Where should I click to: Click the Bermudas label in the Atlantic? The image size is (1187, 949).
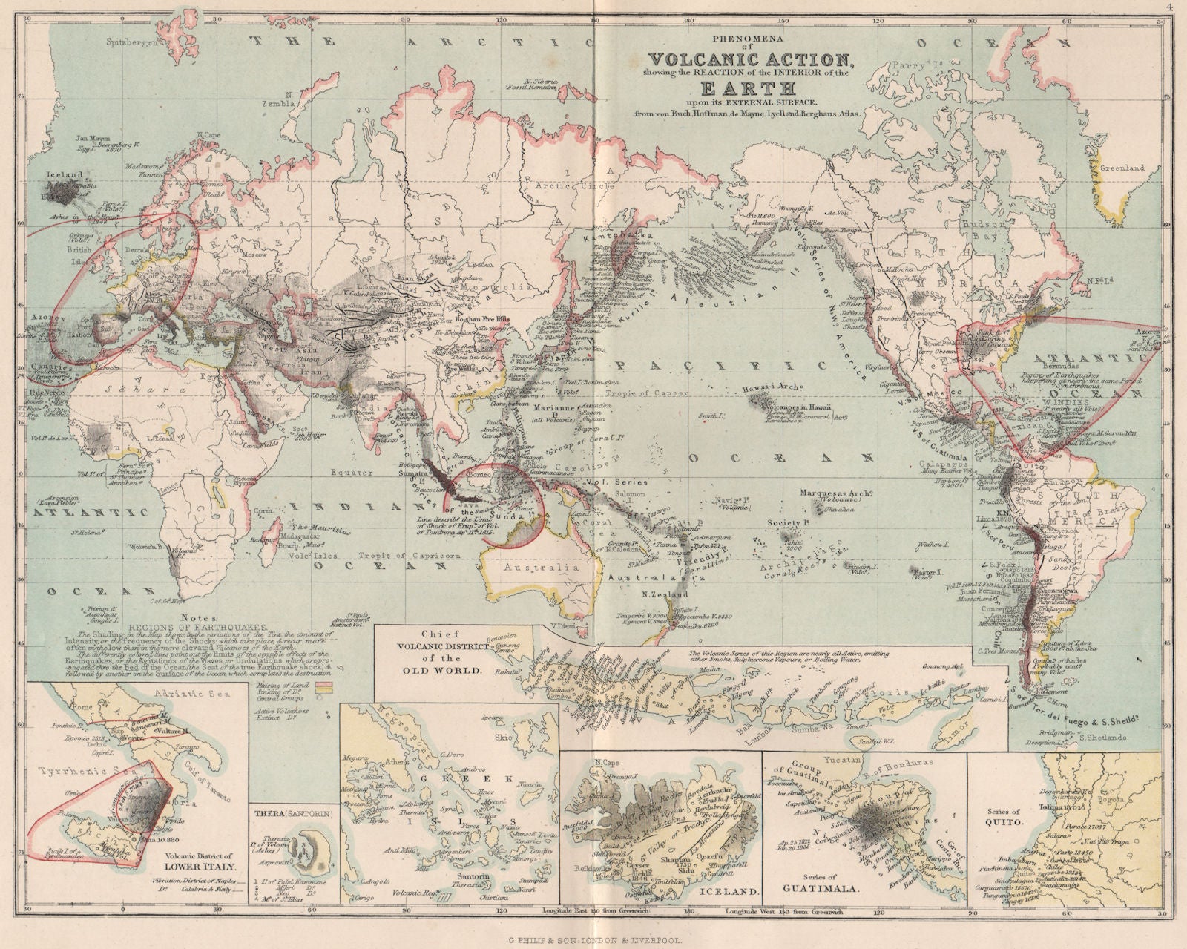1053,367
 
